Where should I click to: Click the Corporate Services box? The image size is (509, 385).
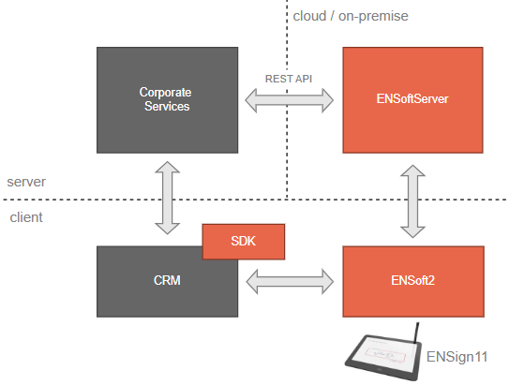pos(167,100)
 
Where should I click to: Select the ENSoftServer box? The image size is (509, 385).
pos(412,100)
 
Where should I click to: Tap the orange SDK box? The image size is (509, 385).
pos(244,242)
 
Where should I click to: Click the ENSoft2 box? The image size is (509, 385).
pos(413,281)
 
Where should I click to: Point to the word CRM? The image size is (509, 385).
pos(167,281)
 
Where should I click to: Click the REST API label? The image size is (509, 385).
pos(289,79)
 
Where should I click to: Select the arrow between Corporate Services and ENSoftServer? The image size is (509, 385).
pos(289,100)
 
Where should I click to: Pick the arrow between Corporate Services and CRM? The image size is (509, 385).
pos(167,198)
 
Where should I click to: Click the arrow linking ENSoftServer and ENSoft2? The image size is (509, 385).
pos(412,201)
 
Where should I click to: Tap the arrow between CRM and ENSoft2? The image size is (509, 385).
pos(290,282)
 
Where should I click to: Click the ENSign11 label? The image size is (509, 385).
pos(457,357)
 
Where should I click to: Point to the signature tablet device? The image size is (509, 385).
pos(383,356)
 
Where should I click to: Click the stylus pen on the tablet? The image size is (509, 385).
pos(416,333)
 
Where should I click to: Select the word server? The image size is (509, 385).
pos(26,182)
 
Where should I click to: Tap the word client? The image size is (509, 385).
pos(26,217)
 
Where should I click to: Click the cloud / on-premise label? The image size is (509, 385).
pos(351,16)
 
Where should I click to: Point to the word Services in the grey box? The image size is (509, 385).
pos(167,107)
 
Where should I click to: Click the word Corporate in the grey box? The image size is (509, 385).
pos(165,93)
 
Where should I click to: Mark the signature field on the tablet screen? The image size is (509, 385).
pos(385,354)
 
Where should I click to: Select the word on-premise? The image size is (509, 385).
pos(373,16)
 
